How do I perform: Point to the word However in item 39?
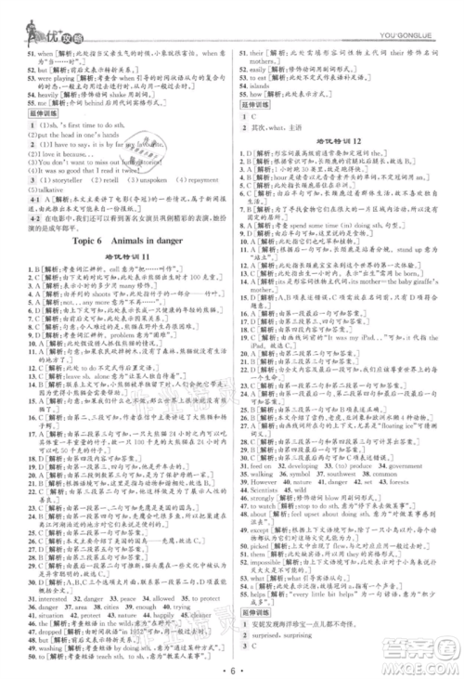[x=264, y=482]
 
